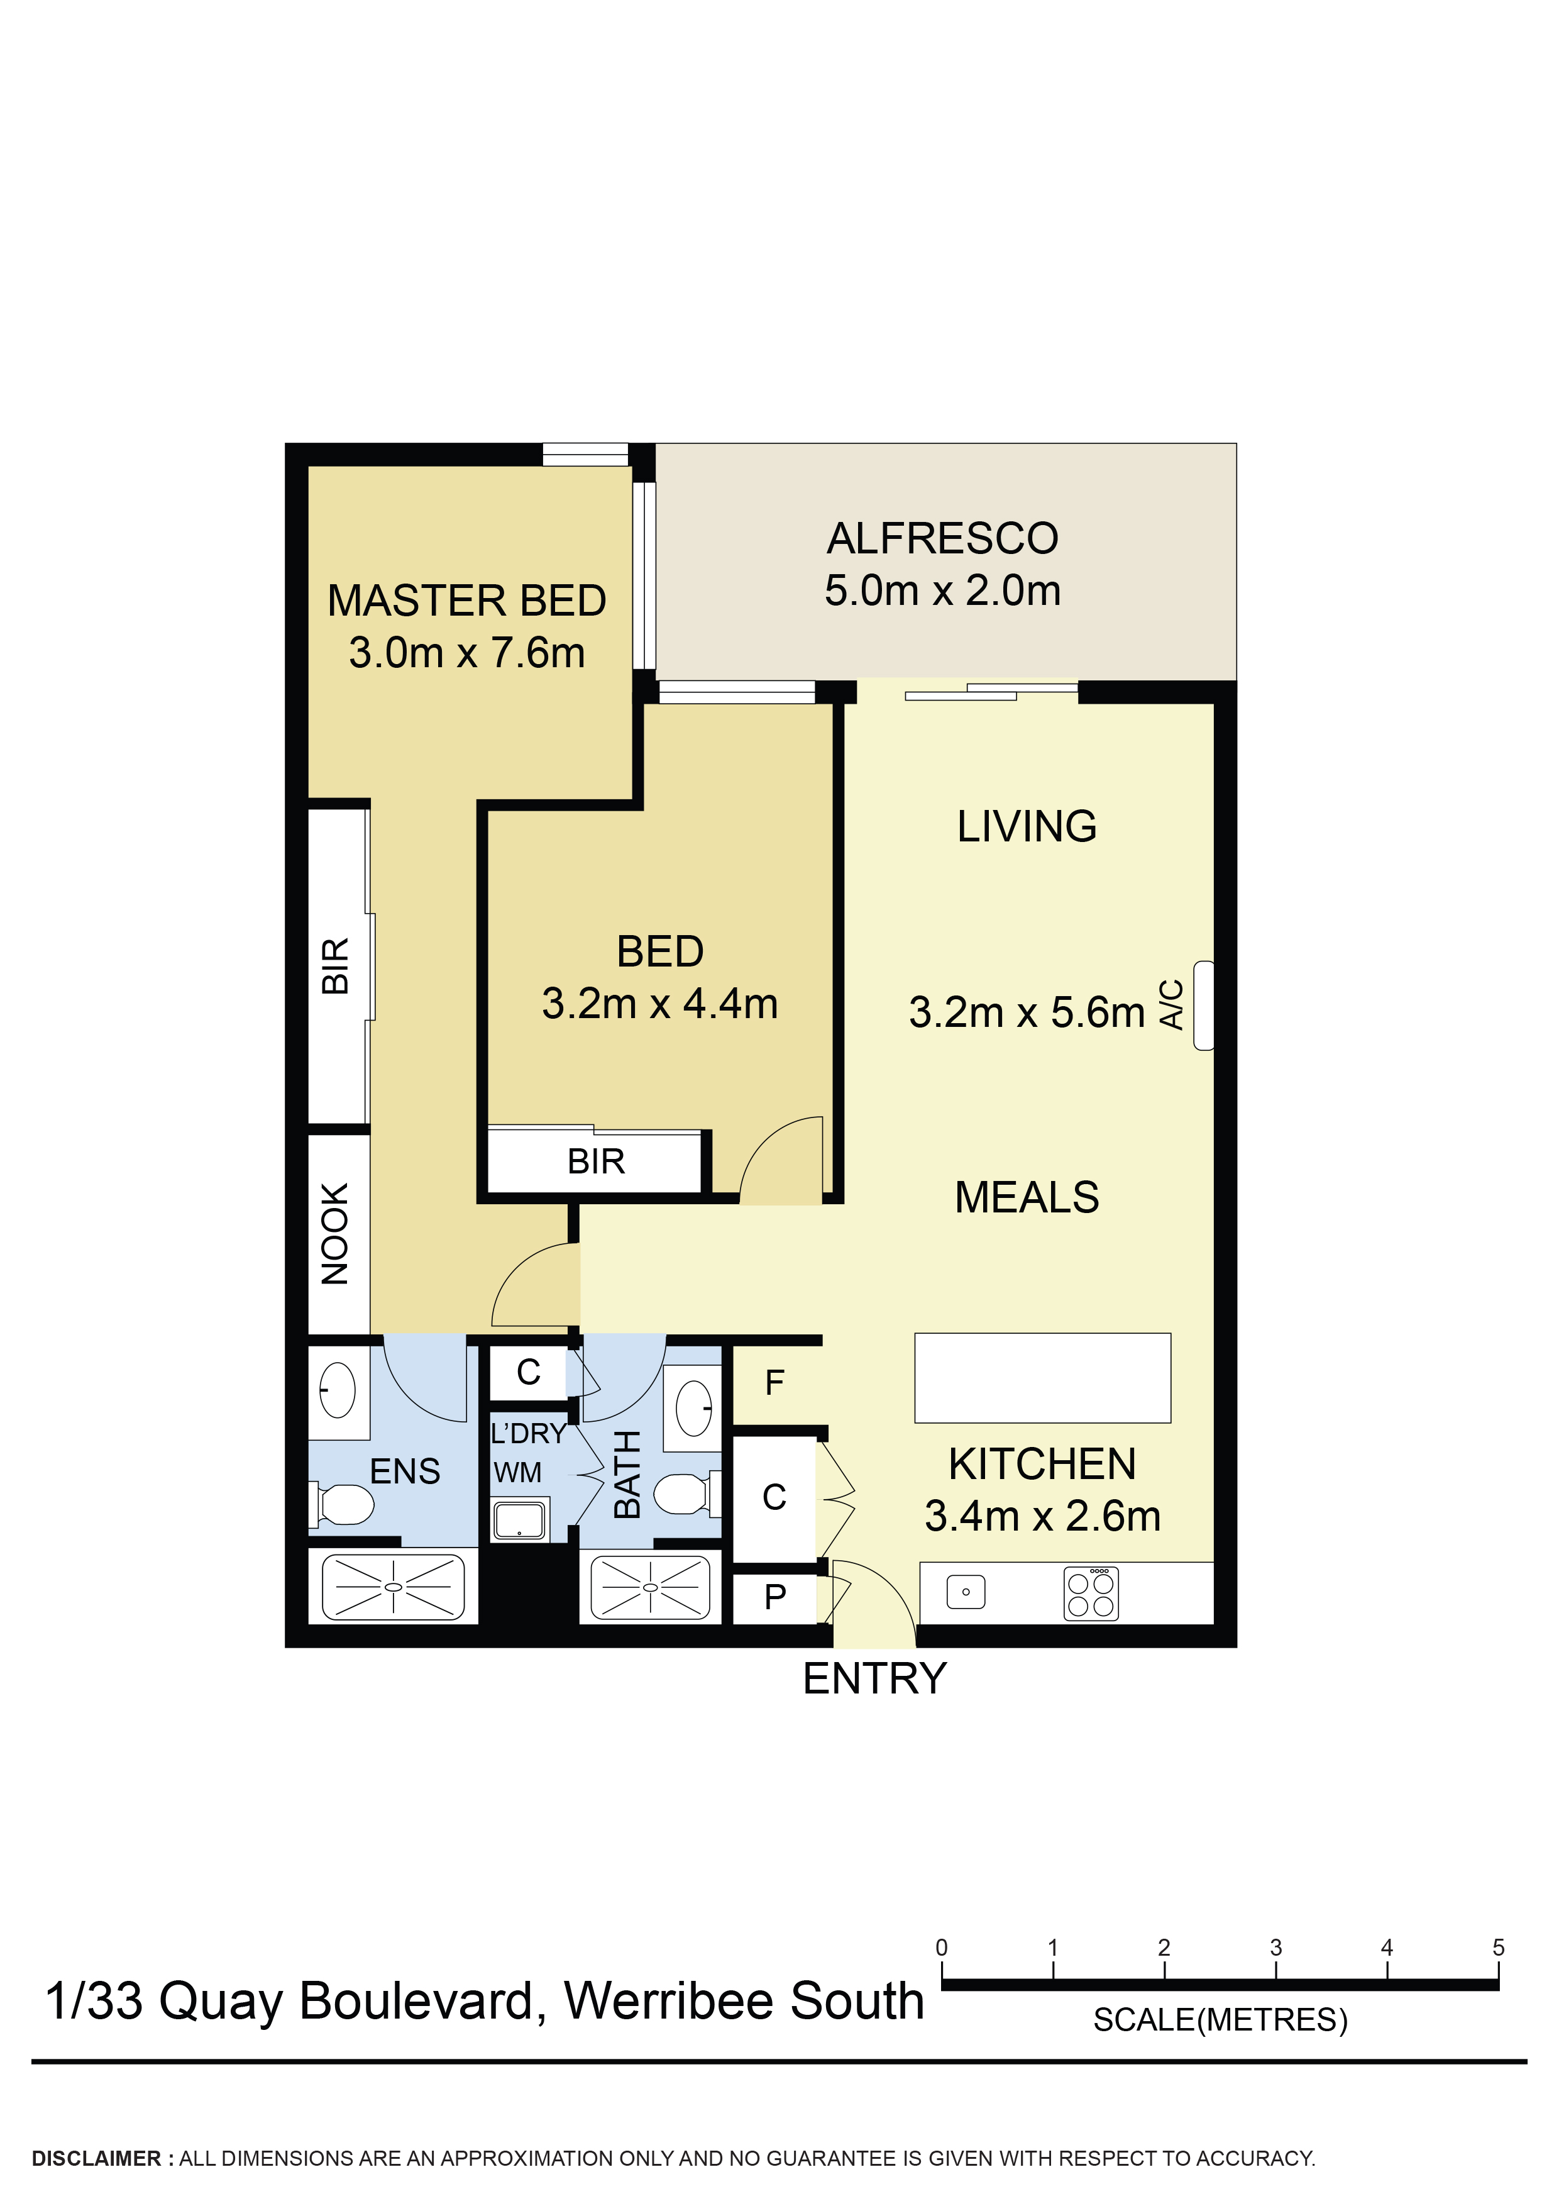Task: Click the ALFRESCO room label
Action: pyautogui.click(x=942, y=538)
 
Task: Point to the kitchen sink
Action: pyautogui.click(x=966, y=1592)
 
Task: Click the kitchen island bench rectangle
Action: pyautogui.click(x=1042, y=1378)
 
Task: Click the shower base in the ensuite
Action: pyautogui.click(x=393, y=1587)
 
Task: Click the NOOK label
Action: pyautogui.click(x=334, y=1234)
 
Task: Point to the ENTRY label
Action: pyautogui.click(x=874, y=1678)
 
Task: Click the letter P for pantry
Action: pyautogui.click(x=774, y=1597)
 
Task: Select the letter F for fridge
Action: pyautogui.click(x=774, y=1383)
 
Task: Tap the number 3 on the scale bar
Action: pyautogui.click(x=1275, y=1948)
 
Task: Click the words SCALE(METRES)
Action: pyautogui.click(x=1220, y=2020)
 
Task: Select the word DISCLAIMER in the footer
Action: pyautogui.click(x=96, y=2159)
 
